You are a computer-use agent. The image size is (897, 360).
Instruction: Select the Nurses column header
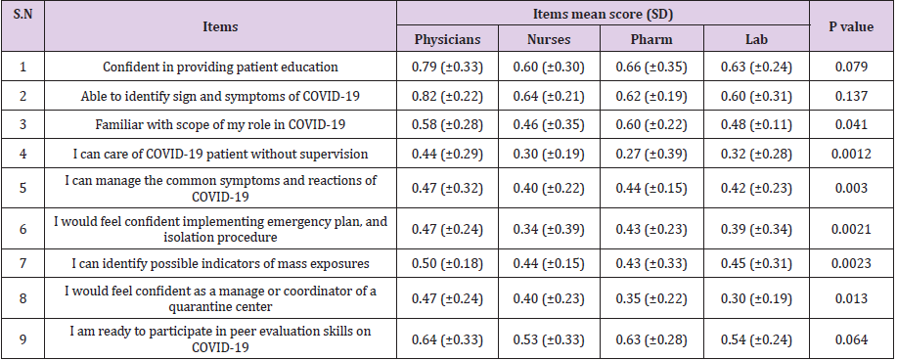click(x=548, y=41)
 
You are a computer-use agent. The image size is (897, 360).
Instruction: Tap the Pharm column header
click(x=650, y=41)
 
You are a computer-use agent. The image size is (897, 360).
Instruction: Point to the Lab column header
click(x=754, y=41)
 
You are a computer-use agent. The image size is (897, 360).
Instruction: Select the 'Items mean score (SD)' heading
click(x=600, y=14)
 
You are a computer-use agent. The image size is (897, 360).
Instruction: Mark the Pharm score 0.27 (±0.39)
click(x=650, y=153)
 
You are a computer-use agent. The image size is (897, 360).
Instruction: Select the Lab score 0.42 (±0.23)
click(x=754, y=189)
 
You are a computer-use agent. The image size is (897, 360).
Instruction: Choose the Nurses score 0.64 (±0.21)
click(x=548, y=96)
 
